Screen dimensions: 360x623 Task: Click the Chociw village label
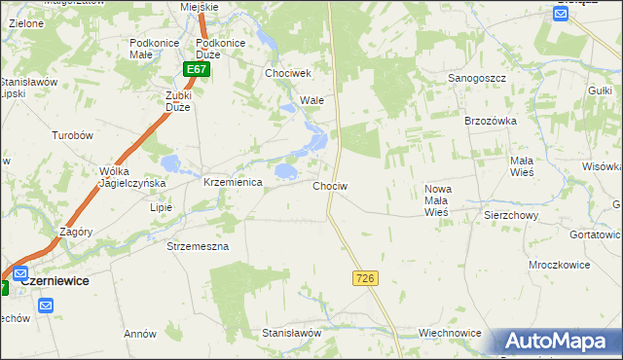coord(330,185)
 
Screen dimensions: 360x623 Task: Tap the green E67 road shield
coord(197,70)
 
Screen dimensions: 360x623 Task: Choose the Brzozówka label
coord(490,120)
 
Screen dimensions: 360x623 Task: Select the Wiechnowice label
coord(450,333)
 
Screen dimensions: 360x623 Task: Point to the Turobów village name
coord(71,136)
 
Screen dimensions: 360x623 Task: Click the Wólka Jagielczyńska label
coord(133,177)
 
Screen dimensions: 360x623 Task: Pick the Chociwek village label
coord(287,73)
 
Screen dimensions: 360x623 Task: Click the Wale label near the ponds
coord(311,100)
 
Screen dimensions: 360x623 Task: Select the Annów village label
coord(140,334)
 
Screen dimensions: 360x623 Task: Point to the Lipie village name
coord(161,207)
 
